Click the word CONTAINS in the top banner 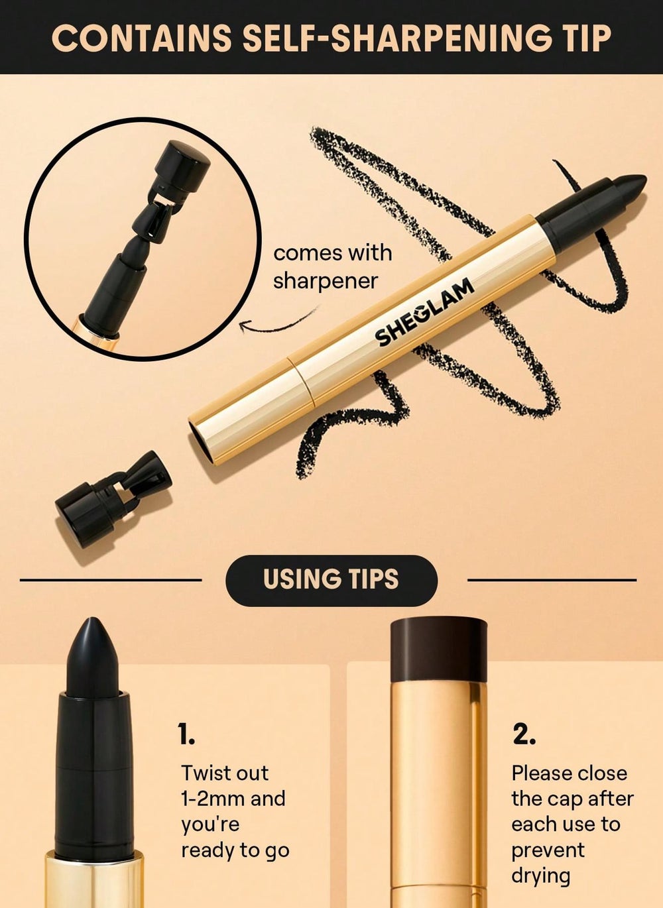click(x=141, y=38)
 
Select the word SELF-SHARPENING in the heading click(x=396, y=38)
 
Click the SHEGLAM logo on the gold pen click(x=424, y=312)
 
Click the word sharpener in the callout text click(x=325, y=280)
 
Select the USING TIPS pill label click(x=331, y=580)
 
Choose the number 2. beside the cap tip click(x=524, y=734)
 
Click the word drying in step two click(x=540, y=876)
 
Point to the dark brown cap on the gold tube click(x=438, y=650)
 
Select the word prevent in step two click(x=548, y=850)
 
